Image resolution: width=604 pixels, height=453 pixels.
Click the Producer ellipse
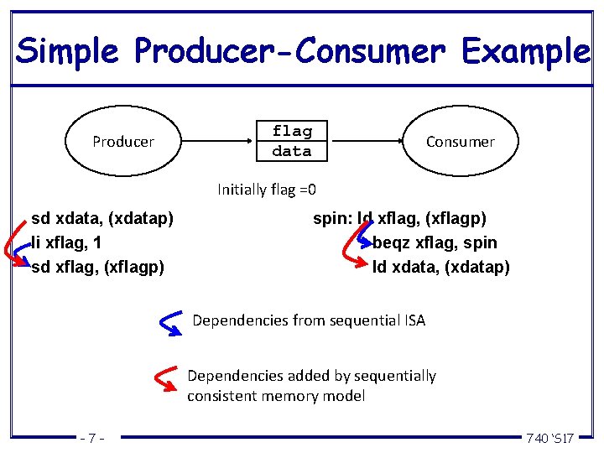(123, 142)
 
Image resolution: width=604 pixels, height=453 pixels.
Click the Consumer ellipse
(460, 142)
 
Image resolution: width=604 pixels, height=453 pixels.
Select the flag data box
(292, 141)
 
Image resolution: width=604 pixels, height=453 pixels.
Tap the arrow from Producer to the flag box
(219, 141)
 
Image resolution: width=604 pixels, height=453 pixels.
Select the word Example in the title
(525, 51)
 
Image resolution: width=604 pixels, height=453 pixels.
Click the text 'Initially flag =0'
(267, 189)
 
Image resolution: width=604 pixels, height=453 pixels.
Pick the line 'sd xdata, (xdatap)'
(102, 219)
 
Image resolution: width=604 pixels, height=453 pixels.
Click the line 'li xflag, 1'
(66, 243)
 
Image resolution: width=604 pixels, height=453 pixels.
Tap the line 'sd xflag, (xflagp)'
(97, 267)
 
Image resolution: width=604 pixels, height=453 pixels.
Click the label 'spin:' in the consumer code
(332, 219)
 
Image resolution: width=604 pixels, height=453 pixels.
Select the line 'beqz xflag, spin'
(435, 243)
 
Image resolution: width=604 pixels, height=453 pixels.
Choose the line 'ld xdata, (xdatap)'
(440, 267)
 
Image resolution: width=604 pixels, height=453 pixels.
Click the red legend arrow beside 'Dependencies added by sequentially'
(168, 380)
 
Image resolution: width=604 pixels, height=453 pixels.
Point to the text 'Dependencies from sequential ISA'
(309, 320)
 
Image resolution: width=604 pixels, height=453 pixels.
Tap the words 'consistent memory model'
(276, 396)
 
